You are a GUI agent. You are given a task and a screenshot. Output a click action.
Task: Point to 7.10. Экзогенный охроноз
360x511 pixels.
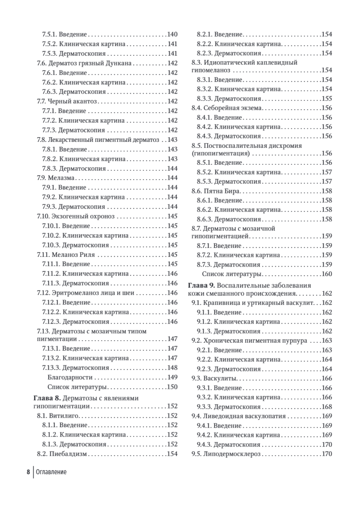click(77, 216)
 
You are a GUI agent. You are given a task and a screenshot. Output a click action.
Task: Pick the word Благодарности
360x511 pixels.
click(70, 377)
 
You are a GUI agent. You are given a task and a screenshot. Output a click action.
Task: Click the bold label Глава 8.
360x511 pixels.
click(46, 397)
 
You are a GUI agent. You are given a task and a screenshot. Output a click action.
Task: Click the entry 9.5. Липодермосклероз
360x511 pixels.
click(226, 454)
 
